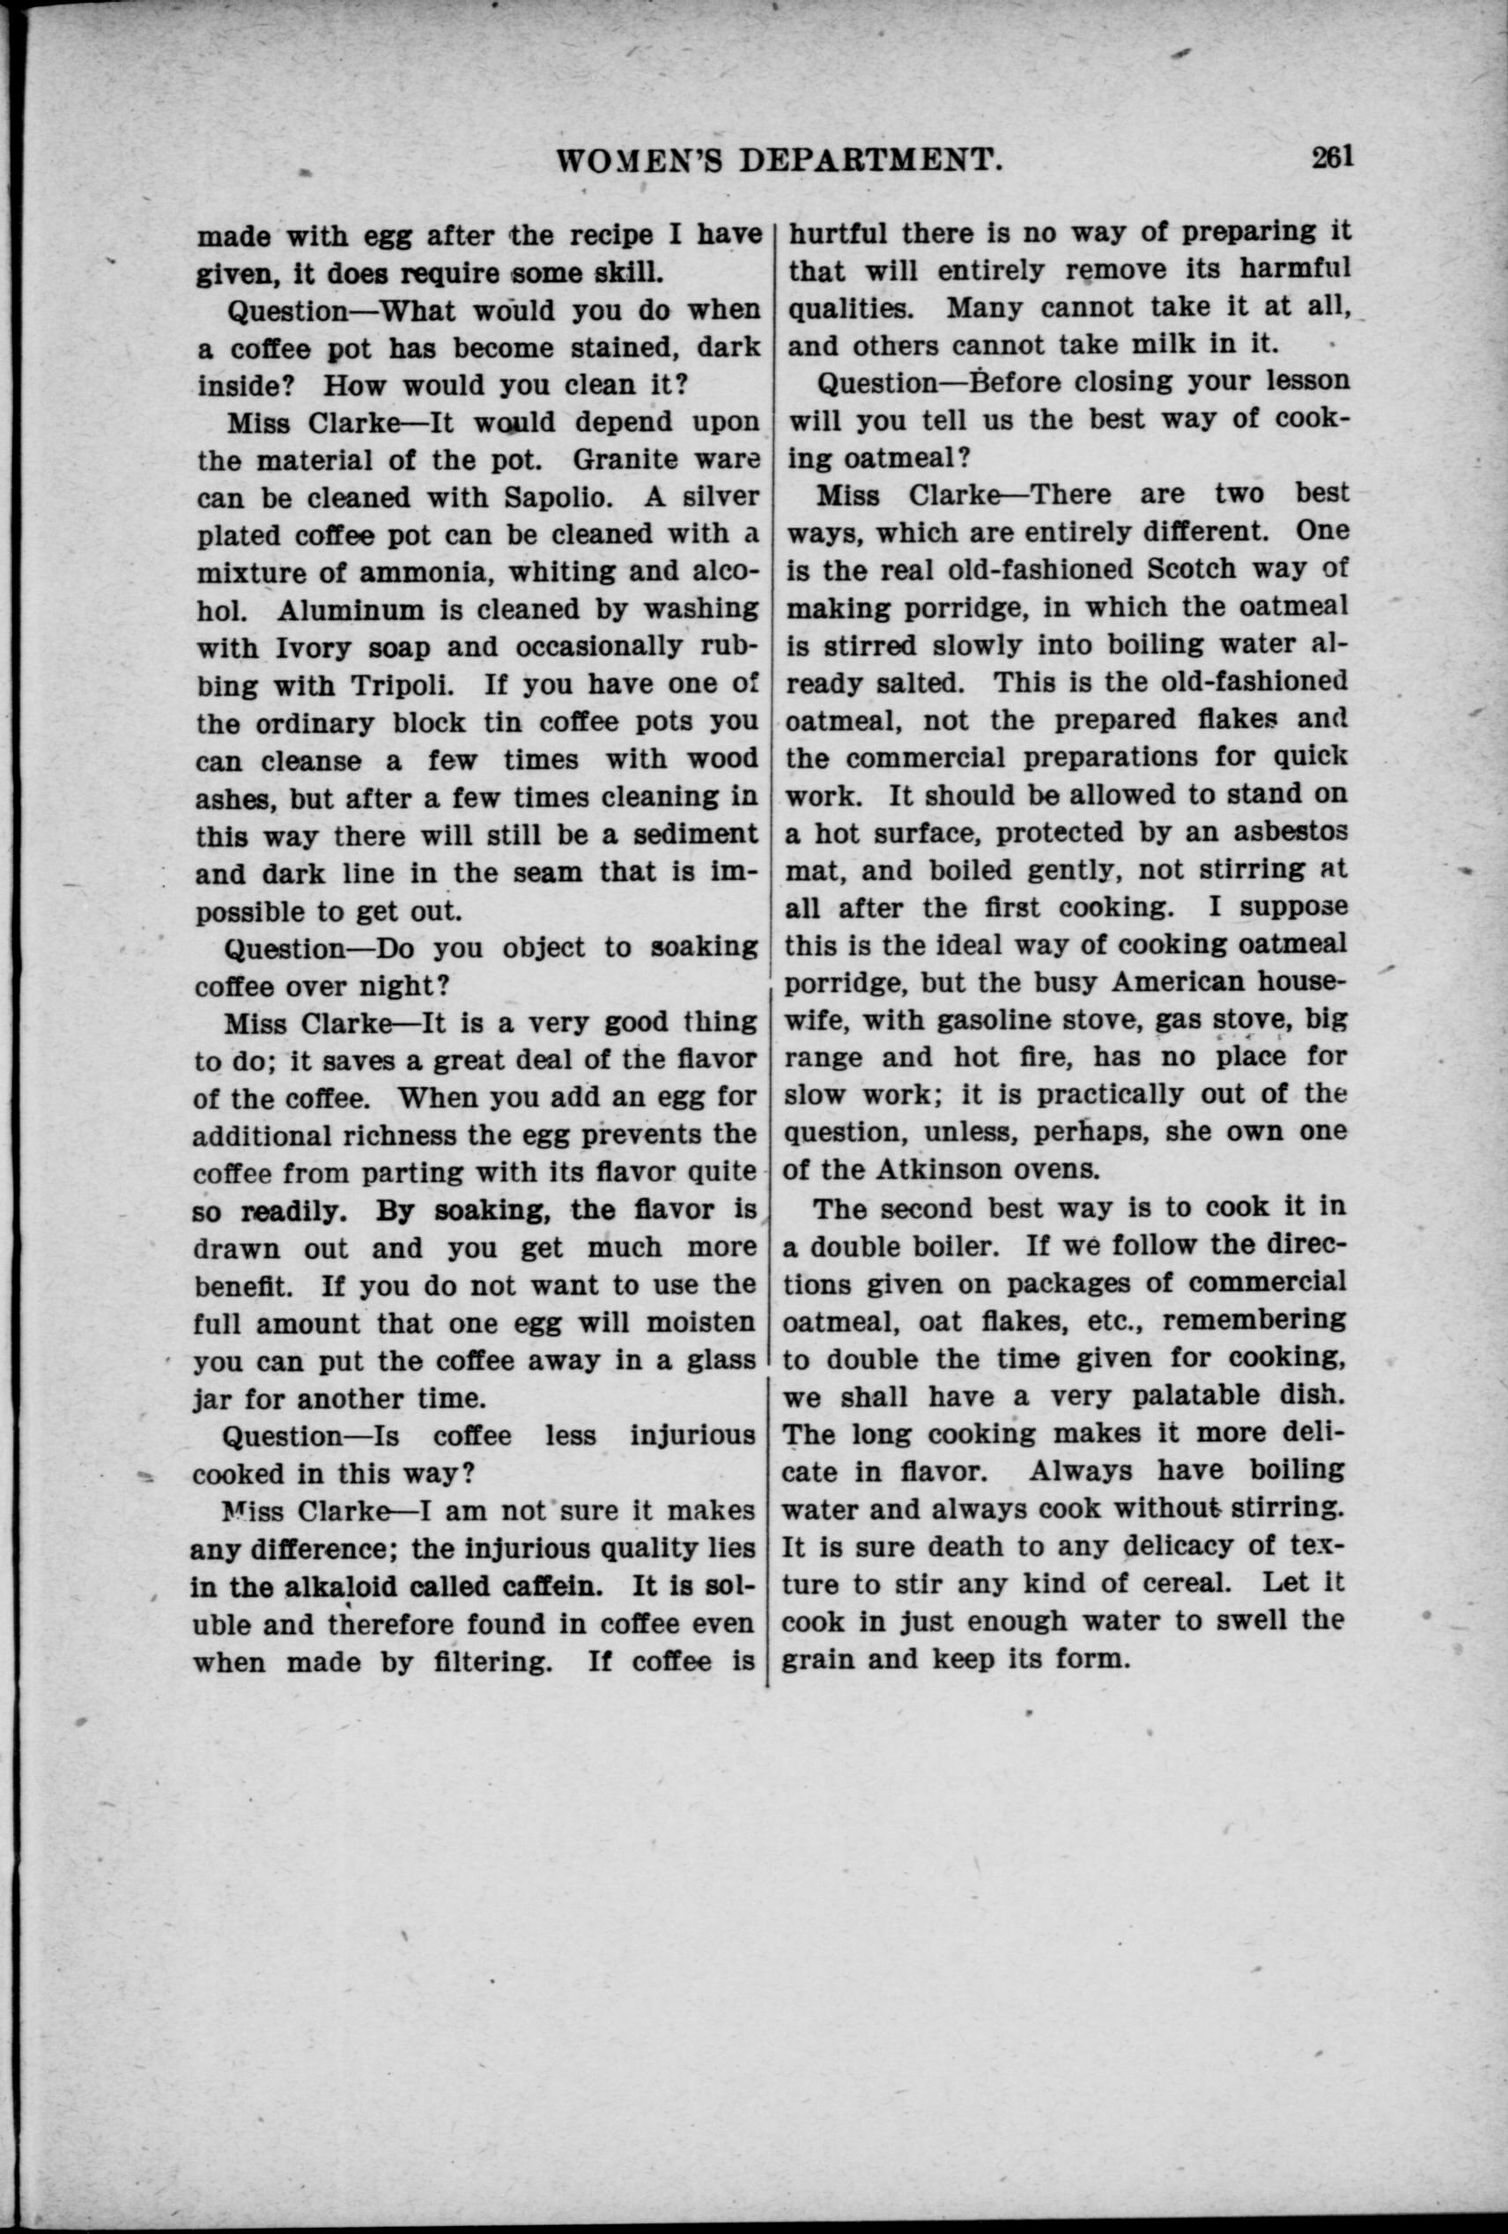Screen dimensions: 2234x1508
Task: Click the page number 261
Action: click(1332, 156)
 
